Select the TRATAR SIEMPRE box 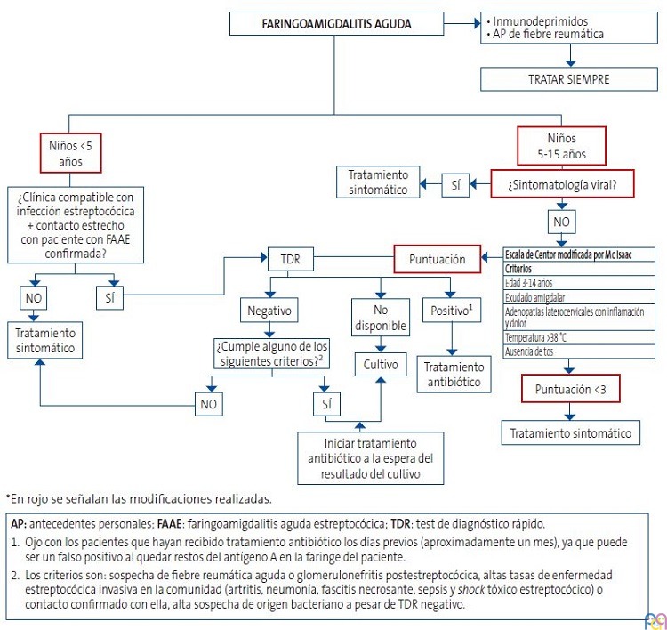(x=569, y=78)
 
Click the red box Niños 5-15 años (x=562, y=146)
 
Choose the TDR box (x=291, y=260)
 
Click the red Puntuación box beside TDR (x=437, y=260)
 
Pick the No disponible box (x=380, y=319)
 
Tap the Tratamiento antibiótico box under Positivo (x=454, y=375)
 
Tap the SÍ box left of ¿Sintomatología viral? (x=454, y=185)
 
